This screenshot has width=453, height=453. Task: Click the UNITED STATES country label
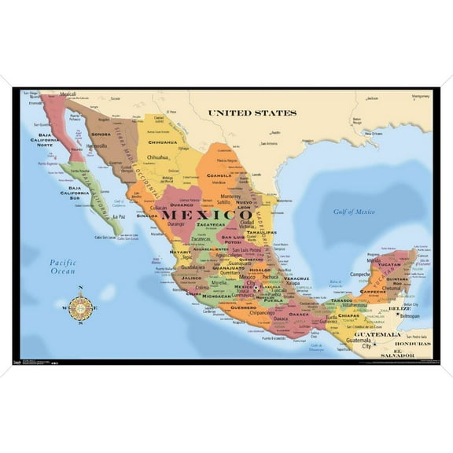(252, 113)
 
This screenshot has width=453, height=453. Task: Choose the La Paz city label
(120, 217)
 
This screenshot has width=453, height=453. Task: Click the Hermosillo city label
(96, 146)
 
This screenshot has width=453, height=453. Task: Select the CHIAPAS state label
(349, 316)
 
